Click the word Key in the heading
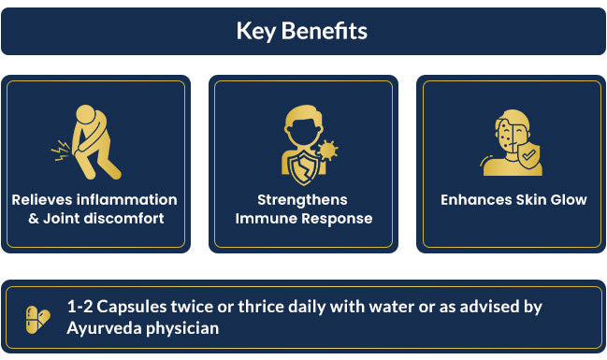(256, 32)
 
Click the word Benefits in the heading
(325, 30)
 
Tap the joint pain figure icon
(87, 142)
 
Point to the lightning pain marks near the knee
(61, 151)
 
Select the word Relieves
(42, 200)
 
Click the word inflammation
(127, 200)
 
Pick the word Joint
(62, 218)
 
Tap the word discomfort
(123, 218)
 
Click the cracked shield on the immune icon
(303, 167)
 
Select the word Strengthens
(302, 200)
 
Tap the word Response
(337, 219)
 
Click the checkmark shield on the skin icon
(529, 155)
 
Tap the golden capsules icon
(38, 320)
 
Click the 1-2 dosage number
(79, 307)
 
